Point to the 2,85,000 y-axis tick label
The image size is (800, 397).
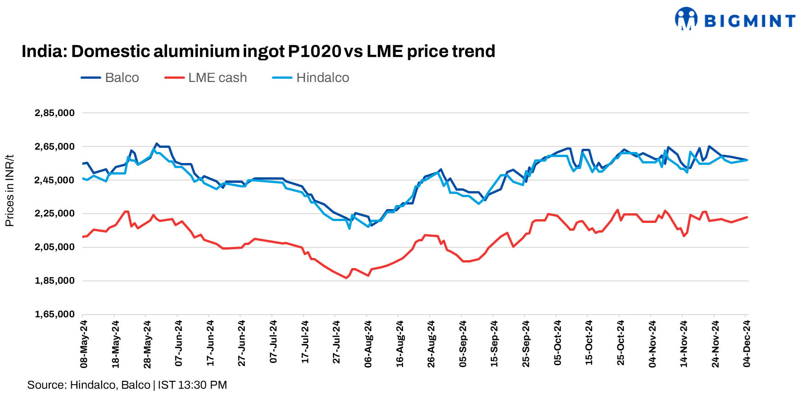pyautogui.click(x=54, y=113)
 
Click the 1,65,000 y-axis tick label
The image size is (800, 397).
pyautogui.click(x=54, y=314)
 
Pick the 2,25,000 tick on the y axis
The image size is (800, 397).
pyautogui.click(x=54, y=213)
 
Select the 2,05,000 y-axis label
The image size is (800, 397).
pyautogui.click(x=54, y=247)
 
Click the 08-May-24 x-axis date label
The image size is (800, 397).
pyautogui.click(x=84, y=344)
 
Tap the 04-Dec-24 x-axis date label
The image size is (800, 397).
pyautogui.click(x=747, y=344)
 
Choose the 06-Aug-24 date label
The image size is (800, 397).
pyautogui.click(x=368, y=344)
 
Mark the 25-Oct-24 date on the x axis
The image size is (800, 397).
pyautogui.click(x=621, y=344)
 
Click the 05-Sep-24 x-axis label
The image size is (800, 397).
pyautogui.click(x=463, y=344)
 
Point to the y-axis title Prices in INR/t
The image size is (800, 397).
pyautogui.click(x=9, y=191)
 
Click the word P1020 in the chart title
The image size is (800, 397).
pyautogui.click(x=314, y=51)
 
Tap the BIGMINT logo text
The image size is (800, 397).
pyautogui.click(x=750, y=21)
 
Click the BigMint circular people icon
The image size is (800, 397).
pyautogui.click(x=686, y=19)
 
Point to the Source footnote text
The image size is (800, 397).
pyautogui.click(x=127, y=385)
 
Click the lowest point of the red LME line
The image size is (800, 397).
pyautogui.click(x=346, y=278)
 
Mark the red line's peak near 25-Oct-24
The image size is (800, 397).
pyautogui.click(x=617, y=210)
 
